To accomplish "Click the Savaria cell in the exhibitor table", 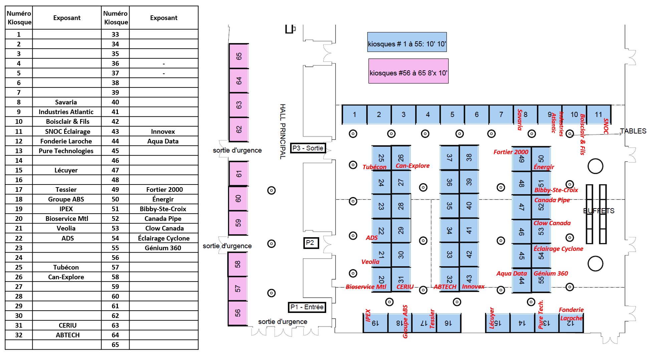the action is pyautogui.click(x=66, y=102).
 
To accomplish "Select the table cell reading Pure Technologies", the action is pyautogui.click(x=66, y=151).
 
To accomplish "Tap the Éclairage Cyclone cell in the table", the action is pyautogui.click(x=164, y=238).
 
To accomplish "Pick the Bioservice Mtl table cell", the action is pyautogui.click(x=66, y=219).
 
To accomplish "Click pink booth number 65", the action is pyautogui.click(x=239, y=56).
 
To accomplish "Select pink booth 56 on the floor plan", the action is pyautogui.click(x=238, y=313).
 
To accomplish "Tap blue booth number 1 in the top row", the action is pyautogui.click(x=355, y=114).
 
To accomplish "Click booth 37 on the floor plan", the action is pyautogui.click(x=449, y=158).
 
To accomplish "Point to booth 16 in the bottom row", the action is pyautogui.click(x=448, y=323).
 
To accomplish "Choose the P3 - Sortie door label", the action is pyautogui.click(x=308, y=148).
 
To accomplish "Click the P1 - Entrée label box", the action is pyautogui.click(x=307, y=307).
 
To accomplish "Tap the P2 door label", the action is pyautogui.click(x=311, y=243).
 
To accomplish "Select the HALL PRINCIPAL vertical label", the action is pyautogui.click(x=283, y=131).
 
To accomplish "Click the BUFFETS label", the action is pyautogui.click(x=599, y=211).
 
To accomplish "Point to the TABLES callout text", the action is pyautogui.click(x=633, y=131).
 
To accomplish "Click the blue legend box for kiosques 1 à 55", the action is pyautogui.click(x=407, y=42).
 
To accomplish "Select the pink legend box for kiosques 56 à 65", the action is pyautogui.click(x=408, y=71).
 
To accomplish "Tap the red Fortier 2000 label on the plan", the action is pyautogui.click(x=511, y=152).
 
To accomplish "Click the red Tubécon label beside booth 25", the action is pyautogui.click(x=374, y=167).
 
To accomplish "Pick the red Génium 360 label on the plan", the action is pyautogui.click(x=551, y=273).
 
